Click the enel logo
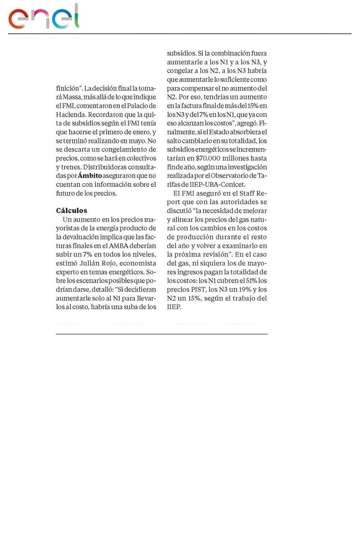pyautogui.click(x=44, y=18)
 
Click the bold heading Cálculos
pyautogui.click(x=72, y=211)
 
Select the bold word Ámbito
pyautogui.click(x=90, y=175)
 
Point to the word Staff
pyautogui.click(x=247, y=193)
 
